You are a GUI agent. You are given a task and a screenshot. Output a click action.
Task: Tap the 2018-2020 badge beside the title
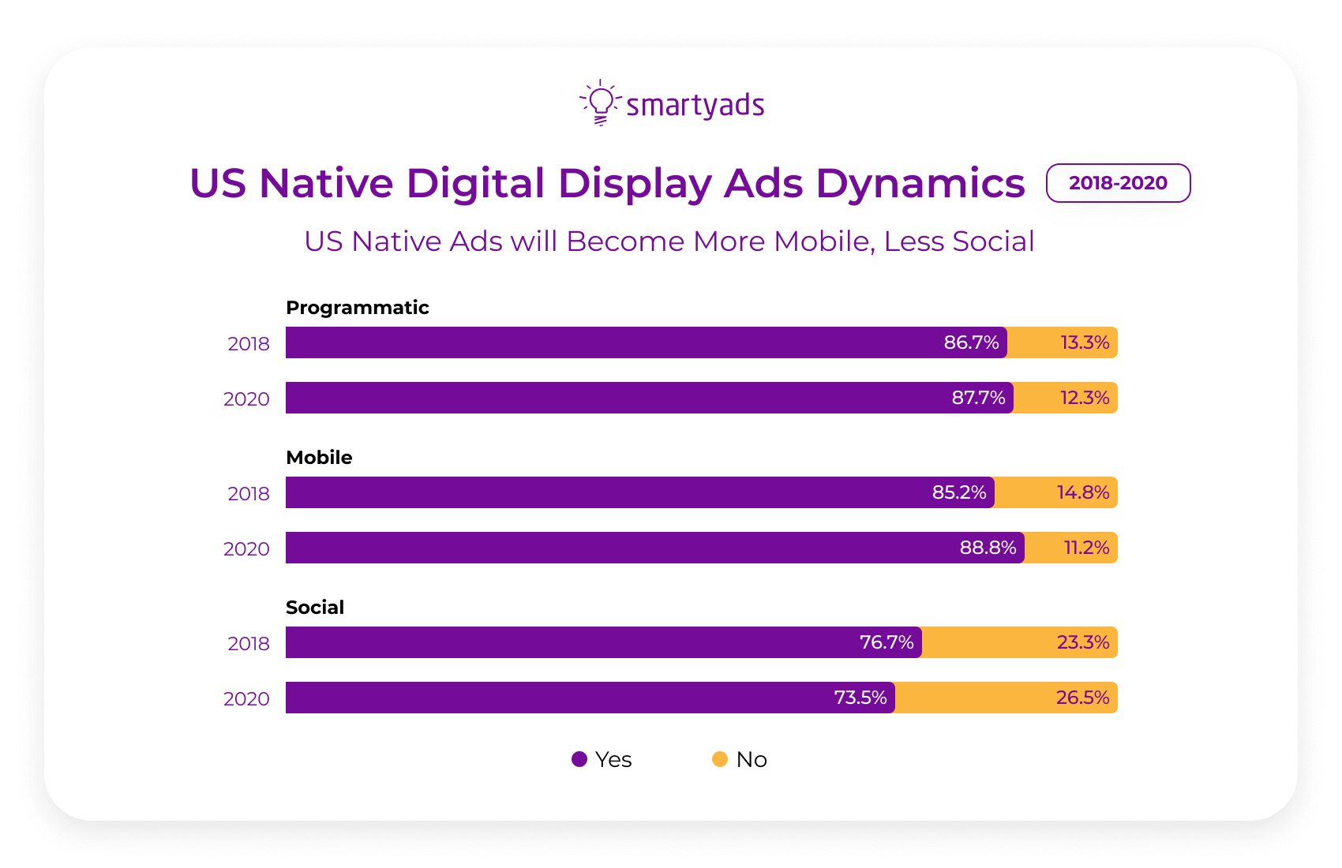click(1118, 183)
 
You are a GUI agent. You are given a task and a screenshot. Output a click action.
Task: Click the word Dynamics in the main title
click(920, 184)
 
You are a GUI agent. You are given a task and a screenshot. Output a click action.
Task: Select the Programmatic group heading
click(357, 308)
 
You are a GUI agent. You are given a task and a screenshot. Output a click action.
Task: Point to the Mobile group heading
click(319, 458)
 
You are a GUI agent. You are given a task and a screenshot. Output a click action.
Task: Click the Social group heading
click(315, 608)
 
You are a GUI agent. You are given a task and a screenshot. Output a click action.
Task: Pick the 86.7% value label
click(971, 342)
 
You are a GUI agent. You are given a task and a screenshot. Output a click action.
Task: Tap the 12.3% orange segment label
click(1084, 398)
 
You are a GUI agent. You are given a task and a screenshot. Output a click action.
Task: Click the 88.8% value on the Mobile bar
click(988, 548)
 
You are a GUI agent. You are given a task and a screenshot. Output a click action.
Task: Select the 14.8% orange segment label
click(1082, 492)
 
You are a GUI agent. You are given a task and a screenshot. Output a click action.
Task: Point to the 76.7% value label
click(887, 642)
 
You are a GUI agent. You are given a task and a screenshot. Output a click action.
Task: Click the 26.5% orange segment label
click(1082, 698)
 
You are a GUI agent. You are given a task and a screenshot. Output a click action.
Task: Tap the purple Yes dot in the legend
click(579, 759)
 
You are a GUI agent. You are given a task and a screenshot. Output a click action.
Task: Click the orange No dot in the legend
click(719, 759)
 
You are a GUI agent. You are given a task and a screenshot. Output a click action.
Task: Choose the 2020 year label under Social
click(246, 699)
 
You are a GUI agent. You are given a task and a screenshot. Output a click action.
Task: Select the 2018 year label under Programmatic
click(249, 344)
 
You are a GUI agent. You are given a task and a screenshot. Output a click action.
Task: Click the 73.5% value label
click(860, 698)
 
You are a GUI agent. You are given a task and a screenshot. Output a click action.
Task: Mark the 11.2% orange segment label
click(1086, 548)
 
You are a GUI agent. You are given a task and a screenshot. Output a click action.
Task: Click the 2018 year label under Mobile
click(249, 494)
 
